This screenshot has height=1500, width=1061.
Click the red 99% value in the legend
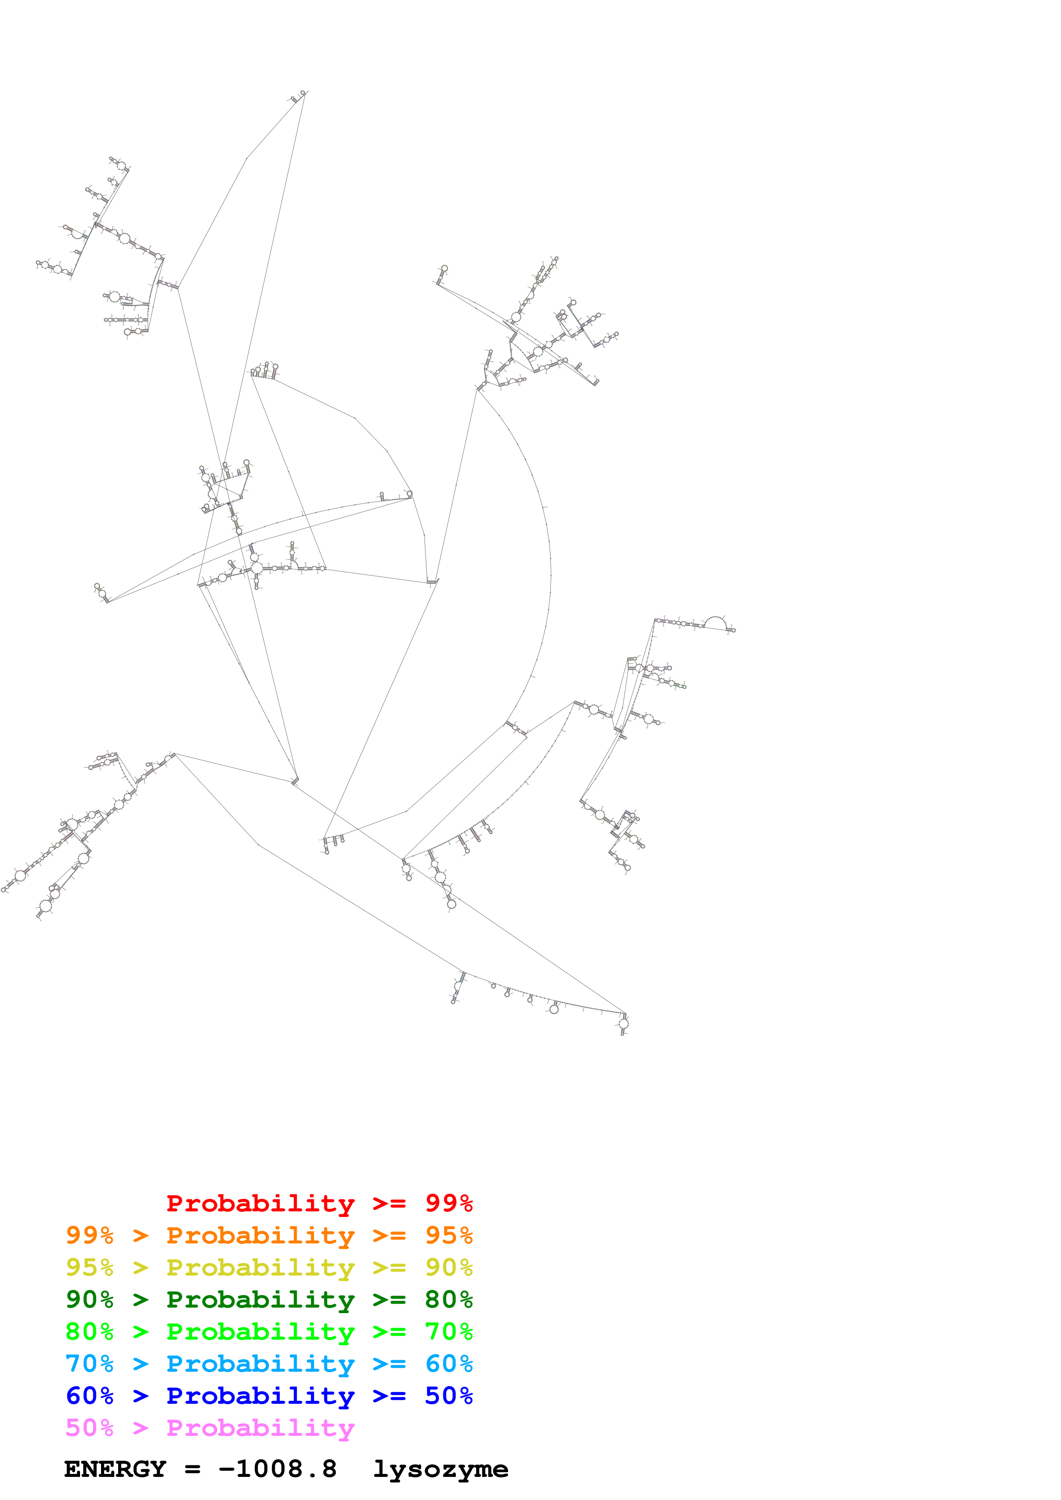[x=449, y=1203]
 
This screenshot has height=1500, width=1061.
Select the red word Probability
[x=260, y=1203]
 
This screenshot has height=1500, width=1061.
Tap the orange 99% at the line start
[x=89, y=1235]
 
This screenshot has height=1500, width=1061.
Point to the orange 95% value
[x=449, y=1235]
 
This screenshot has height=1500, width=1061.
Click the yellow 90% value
[x=449, y=1267]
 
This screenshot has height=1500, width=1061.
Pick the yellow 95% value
[x=89, y=1267]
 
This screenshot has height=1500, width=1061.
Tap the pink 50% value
[x=89, y=1427]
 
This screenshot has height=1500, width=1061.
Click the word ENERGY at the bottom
[x=115, y=1469]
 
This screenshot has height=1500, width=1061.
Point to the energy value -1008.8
[x=278, y=1469]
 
